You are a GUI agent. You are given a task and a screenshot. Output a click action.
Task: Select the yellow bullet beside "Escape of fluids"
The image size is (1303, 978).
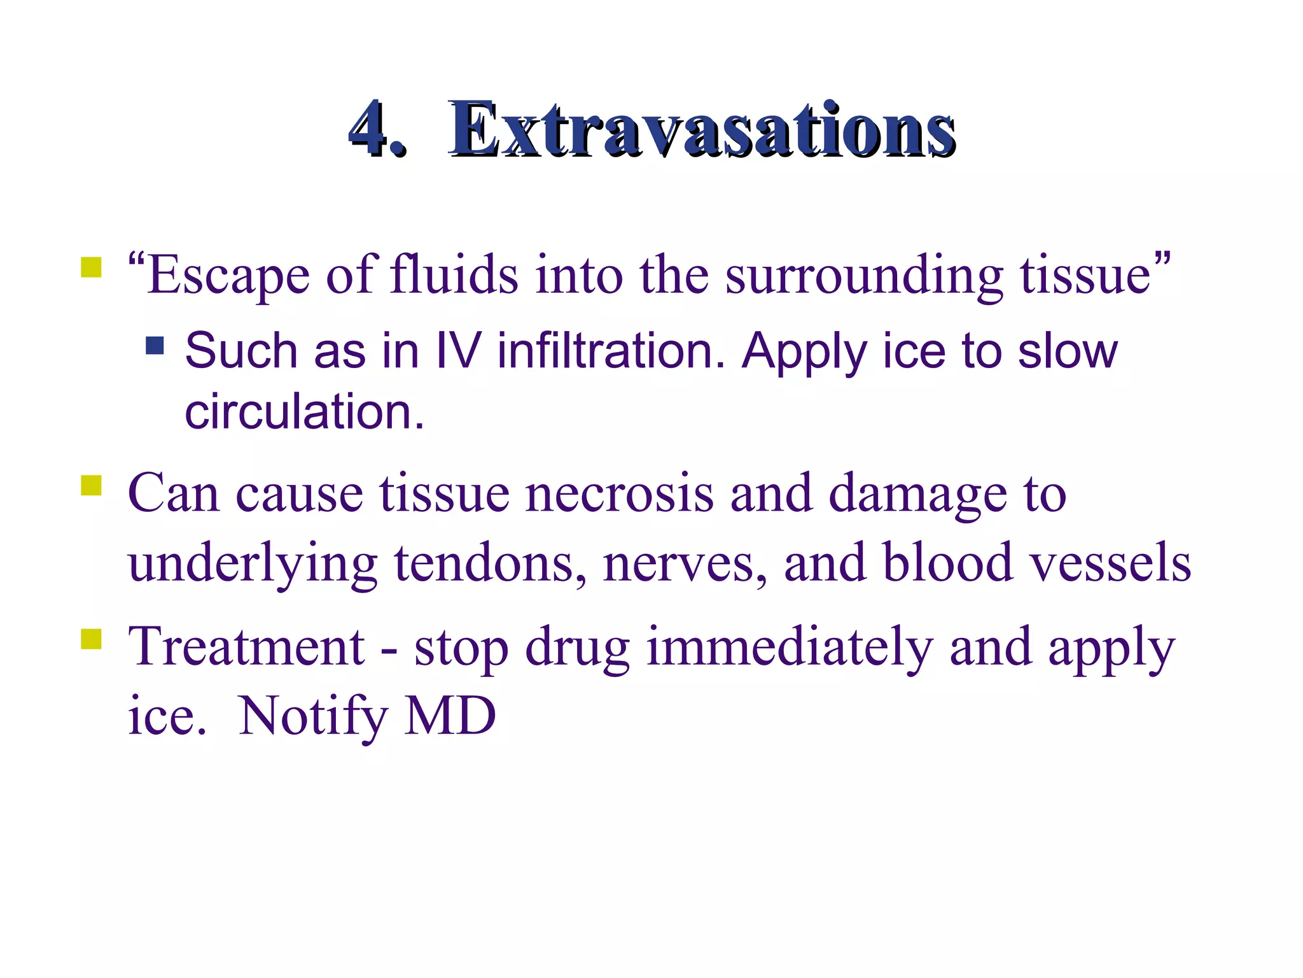[x=91, y=267]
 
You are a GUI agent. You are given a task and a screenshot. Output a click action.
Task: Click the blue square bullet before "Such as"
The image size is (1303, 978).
[x=155, y=345]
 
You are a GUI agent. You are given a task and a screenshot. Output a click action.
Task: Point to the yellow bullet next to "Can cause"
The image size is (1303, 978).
[x=91, y=485]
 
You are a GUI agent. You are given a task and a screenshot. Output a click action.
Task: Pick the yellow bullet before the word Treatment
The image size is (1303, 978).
[x=91, y=639]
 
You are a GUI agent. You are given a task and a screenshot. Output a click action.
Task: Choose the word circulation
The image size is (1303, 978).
[x=303, y=411]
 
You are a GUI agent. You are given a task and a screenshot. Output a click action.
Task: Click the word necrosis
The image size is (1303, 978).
[x=619, y=493]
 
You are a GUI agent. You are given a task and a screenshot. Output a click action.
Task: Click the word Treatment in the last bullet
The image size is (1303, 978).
[x=246, y=647]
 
